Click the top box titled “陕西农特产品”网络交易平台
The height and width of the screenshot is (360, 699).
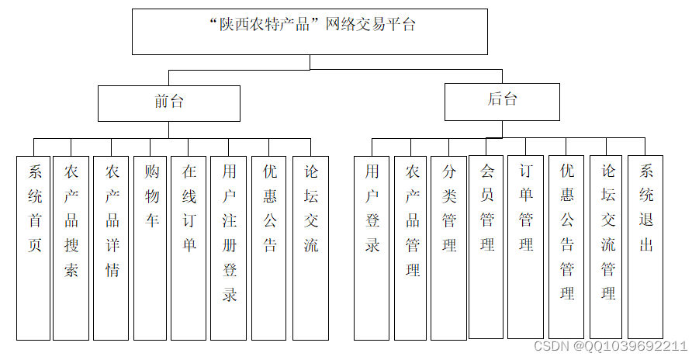[310, 32]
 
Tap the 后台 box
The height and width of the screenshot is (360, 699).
[502, 102]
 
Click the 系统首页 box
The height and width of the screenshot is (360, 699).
[33, 247]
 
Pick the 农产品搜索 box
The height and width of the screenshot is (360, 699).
[71, 247]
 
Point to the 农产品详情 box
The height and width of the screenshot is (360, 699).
[111, 247]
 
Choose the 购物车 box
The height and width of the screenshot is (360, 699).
[151, 247]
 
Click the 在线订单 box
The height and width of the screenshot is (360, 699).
[189, 247]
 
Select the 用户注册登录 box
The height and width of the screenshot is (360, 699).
[229, 247]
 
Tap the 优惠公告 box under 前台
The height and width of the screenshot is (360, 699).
[269, 247]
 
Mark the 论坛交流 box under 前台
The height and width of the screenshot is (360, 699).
[310, 247]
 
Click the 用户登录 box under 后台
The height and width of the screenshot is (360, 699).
[372, 247]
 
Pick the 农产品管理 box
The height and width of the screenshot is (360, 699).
[410, 247]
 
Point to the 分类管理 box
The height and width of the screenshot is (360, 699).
[448, 247]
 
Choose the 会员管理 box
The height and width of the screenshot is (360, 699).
[486, 247]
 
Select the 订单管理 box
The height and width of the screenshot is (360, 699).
[526, 247]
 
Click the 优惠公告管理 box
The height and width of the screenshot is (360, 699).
[566, 247]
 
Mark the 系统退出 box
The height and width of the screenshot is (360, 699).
[645, 247]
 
